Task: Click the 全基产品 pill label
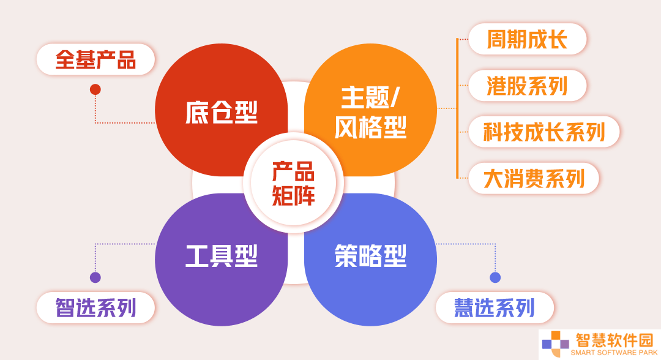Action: (x=95, y=59)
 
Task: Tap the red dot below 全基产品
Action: (x=95, y=89)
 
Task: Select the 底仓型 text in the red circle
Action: (x=222, y=112)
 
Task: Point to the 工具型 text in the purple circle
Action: (x=222, y=255)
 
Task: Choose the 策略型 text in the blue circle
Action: (x=370, y=255)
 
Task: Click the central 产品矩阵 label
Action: (x=293, y=184)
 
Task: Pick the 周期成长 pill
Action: (x=528, y=39)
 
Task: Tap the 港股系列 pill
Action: (x=528, y=86)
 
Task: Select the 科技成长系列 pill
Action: (x=544, y=132)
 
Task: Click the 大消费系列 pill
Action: (x=534, y=178)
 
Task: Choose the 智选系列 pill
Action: (x=95, y=308)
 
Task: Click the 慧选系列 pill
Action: (x=495, y=308)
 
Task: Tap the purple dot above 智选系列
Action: (x=95, y=277)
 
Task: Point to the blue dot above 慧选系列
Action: (x=495, y=277)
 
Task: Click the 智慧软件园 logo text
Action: (x=614, y=340)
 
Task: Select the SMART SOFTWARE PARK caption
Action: (x=614, y=353)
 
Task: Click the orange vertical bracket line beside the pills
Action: (x=457, y=108)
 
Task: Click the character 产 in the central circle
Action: (x=282, y=171)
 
